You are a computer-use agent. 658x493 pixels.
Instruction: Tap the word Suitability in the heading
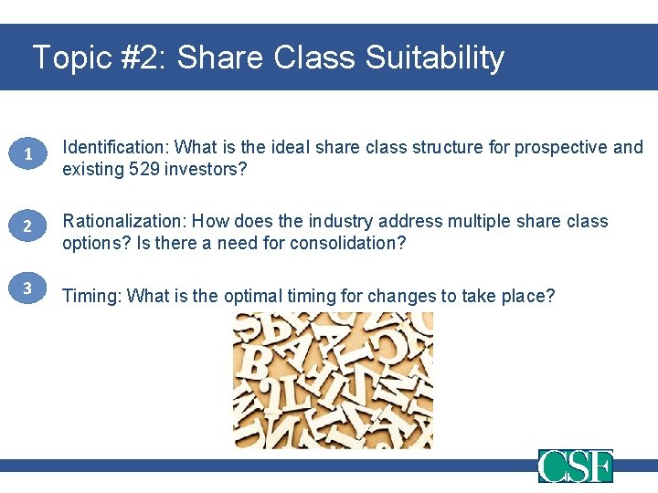point(434,58)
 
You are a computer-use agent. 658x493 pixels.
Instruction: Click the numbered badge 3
point(27,288)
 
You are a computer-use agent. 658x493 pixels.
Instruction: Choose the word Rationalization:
point(126,221)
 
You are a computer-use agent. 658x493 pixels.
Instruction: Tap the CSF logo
point(575,466)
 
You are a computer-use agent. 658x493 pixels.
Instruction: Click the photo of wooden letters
point(333,380)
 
